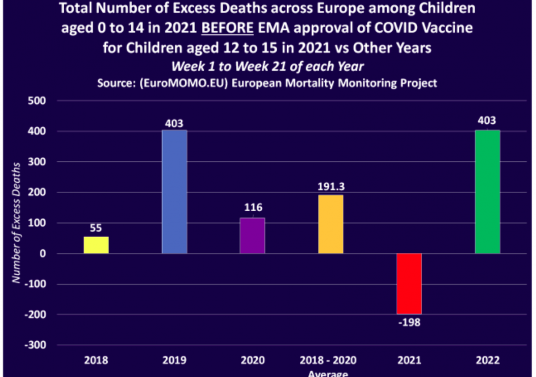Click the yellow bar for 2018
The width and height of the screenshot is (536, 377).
(x=96, y=245)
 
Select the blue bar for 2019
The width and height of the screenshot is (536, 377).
(x=174, y=192)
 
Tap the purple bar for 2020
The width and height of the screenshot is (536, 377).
(x=252, y=236)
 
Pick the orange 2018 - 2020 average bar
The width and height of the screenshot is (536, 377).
(x=331, y=224)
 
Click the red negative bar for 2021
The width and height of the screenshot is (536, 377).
(x=409, y=284)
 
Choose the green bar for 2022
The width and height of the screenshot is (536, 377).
(x=487, y=192)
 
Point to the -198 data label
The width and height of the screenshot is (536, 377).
(x=409, y=322)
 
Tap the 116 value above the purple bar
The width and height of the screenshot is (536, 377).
(x=253, y=208)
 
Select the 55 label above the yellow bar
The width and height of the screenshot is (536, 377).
(x=96, y=228)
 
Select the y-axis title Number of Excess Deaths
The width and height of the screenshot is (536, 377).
(x=17, y=222)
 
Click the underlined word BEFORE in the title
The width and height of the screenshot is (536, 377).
(x=228, y=28)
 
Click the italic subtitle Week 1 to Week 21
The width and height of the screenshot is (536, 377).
(x=268, y=67)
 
